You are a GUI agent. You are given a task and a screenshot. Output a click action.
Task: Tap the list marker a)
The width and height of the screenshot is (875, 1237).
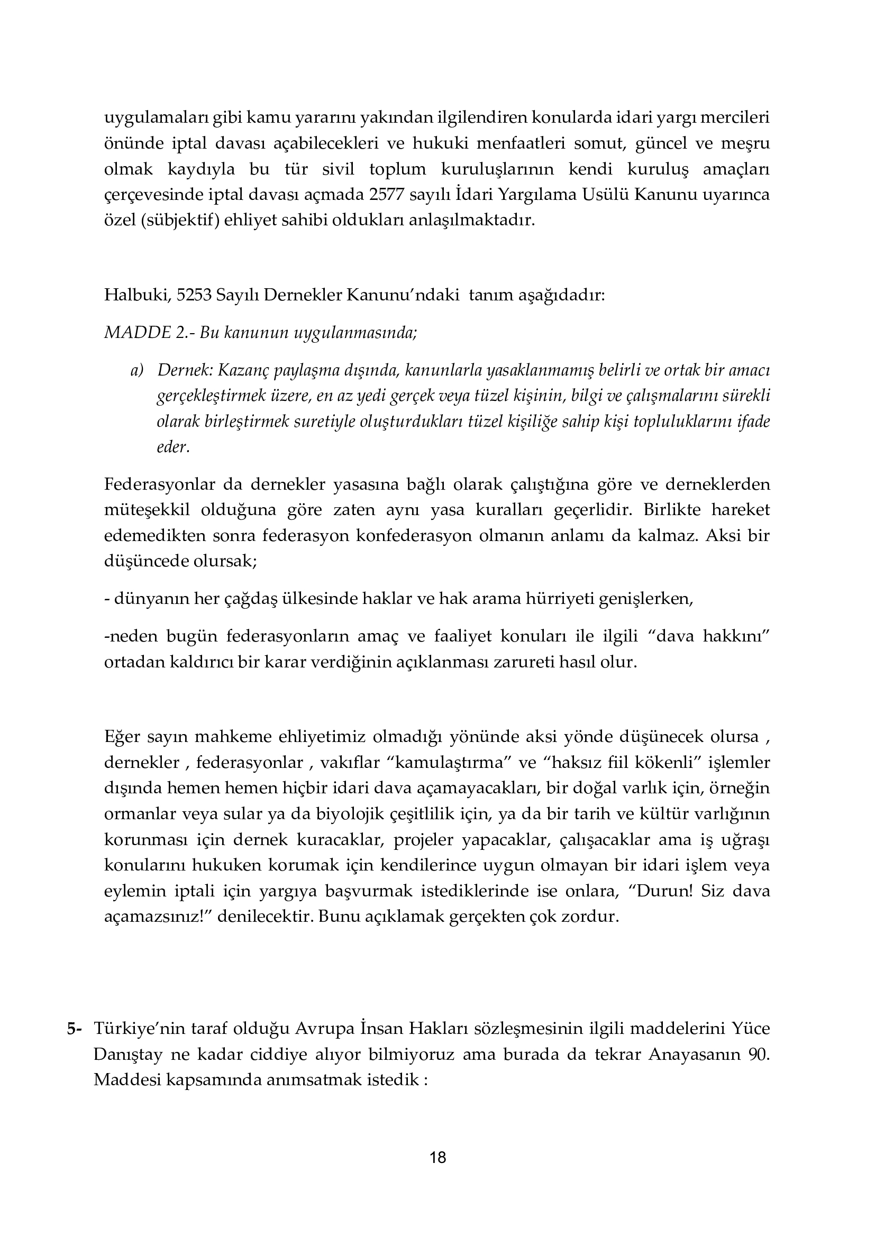[x=138, y=371]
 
